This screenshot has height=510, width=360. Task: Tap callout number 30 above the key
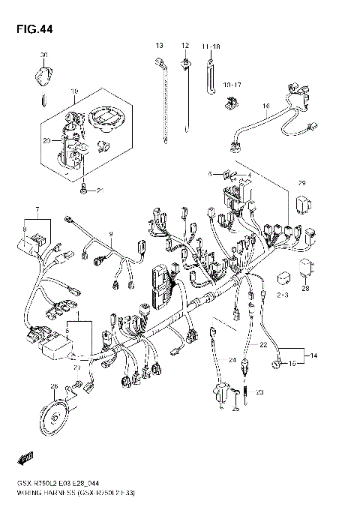pos(43,55)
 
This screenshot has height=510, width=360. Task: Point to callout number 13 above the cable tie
pos(159,46)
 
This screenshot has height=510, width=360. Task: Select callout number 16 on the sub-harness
pos(265,106)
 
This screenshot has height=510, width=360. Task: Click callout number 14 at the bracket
pos(313,353)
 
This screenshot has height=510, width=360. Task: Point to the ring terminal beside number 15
pos(277,365)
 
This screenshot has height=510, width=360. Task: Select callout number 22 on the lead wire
pos(262,344)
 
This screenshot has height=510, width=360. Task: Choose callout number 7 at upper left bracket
pos(35,208)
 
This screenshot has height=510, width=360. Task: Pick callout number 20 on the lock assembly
pos(46,140)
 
